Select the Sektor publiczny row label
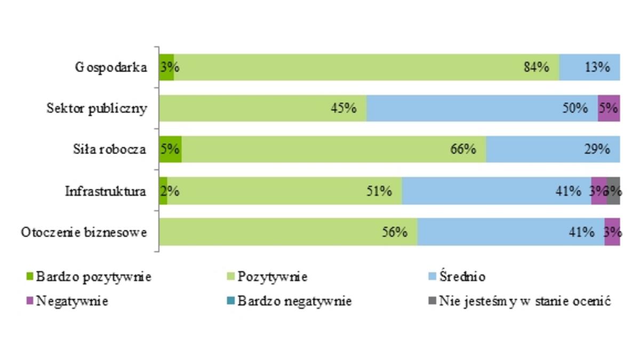[96, 108]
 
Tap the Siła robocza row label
[110, 149]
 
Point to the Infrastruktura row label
[106, 191]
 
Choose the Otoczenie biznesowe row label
[84, 232]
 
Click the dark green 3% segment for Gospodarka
[166, 67]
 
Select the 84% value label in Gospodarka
[536, 67]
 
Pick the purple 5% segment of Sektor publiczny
[609, 108]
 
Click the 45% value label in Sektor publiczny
[343, 108]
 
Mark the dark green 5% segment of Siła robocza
[171, 149]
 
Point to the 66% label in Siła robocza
[462, 149]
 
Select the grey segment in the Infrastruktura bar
[614, 191]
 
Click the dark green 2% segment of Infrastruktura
[163, 191]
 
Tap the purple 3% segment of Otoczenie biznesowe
[612, 232]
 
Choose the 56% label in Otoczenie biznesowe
[395, 232]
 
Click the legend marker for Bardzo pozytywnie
[30, 277]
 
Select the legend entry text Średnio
[462, 277]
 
